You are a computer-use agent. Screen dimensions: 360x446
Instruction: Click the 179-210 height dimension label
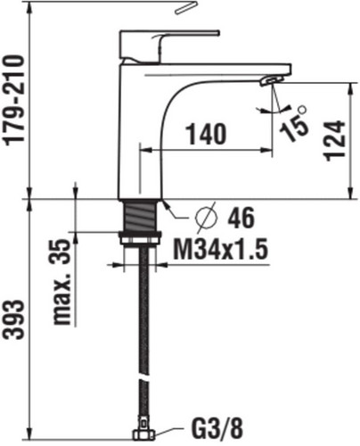14,101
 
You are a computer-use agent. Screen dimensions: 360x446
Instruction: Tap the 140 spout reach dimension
206,134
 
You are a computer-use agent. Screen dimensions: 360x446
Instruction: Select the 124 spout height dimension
336,140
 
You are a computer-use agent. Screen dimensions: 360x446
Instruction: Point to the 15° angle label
293,123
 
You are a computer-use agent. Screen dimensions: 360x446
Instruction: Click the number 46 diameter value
241,218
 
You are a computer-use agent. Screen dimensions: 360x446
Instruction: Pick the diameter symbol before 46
206,217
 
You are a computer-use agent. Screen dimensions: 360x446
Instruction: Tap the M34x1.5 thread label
221,249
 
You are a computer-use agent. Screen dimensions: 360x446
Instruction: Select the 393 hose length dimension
13,319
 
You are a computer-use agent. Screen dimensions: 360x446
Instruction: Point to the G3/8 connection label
217,429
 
